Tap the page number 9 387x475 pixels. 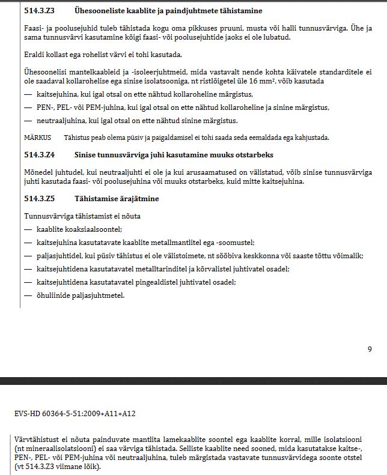[370, 348]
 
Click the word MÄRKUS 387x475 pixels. [37, 138]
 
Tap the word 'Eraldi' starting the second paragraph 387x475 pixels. [34, 55]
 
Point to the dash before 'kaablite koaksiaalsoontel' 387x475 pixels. [28, 229]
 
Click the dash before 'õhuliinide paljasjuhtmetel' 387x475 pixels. [28, 295]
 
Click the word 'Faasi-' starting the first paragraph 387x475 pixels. [34, 28]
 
